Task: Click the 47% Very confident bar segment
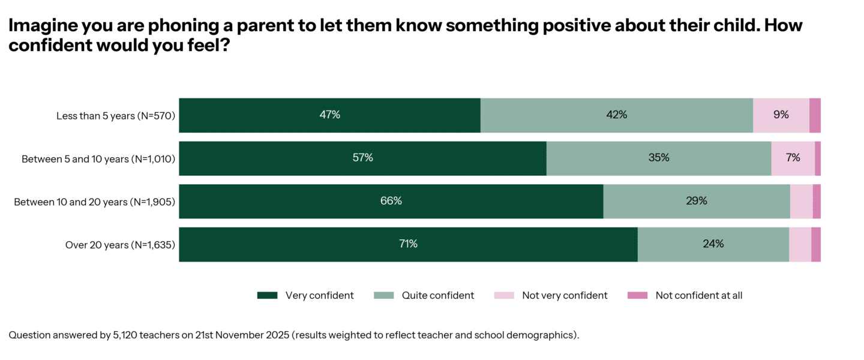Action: coord(329,115)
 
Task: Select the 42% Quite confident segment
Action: coord(616,115)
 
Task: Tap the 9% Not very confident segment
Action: coord(781,115)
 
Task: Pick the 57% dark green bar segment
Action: coord(362,158)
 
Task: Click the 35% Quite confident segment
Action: coord(658,158)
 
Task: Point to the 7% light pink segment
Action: coord(793,158)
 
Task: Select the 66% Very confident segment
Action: coord(391,202)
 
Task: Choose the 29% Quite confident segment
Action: coord(696,202)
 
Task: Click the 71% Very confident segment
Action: coord(408,245)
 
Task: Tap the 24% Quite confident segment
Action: coord(713,245)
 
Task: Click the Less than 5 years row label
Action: coord(115,116)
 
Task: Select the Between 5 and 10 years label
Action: coord(98,159)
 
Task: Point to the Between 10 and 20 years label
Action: coord(94,202)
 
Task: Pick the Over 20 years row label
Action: coord(119,245)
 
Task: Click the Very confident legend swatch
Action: coord(267,295)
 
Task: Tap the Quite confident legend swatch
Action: coord(383,295)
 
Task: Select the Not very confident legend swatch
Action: coord(504,295)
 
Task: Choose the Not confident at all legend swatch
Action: coord(637,295)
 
